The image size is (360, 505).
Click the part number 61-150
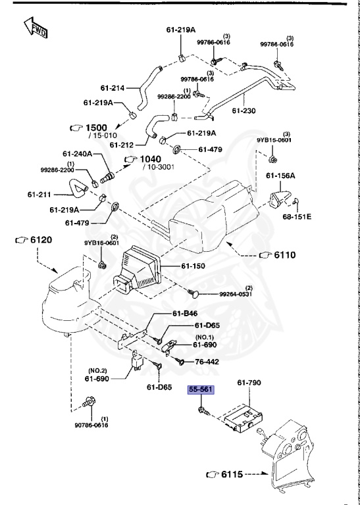(194, 266)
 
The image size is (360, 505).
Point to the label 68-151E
(297, 216)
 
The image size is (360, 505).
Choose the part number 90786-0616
(91, 425)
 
